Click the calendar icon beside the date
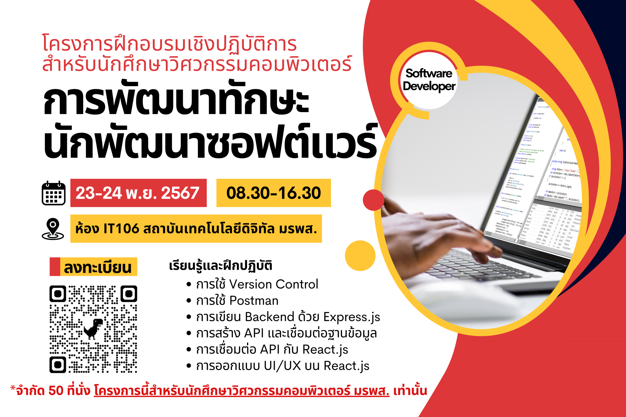pyautogui.click(x=53, y=193)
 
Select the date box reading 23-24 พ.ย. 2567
pyautogui.click(x=138, y=193)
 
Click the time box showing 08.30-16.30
pyautogui.click(x=274, y=193)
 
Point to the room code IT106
pyautogui.click(x=121, y=229)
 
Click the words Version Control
pyautogui.click(x=274, y=284)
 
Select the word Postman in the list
pyautogui.click(x=254, y=301)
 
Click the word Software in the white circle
pyautogui.click(x=429, y=73)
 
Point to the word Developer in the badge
pyautogui.click(x=429, y=86)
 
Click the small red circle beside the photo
pyautogui.click(x=373, y=200)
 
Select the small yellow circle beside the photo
pyautogui.click(x=360, y=256)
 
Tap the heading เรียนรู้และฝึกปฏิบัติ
pyautogui.click(x=220, y=265)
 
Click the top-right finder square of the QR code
pyautogui.click(x=129, y=294)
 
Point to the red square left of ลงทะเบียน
pyautogui.click(x=55, y=267)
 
